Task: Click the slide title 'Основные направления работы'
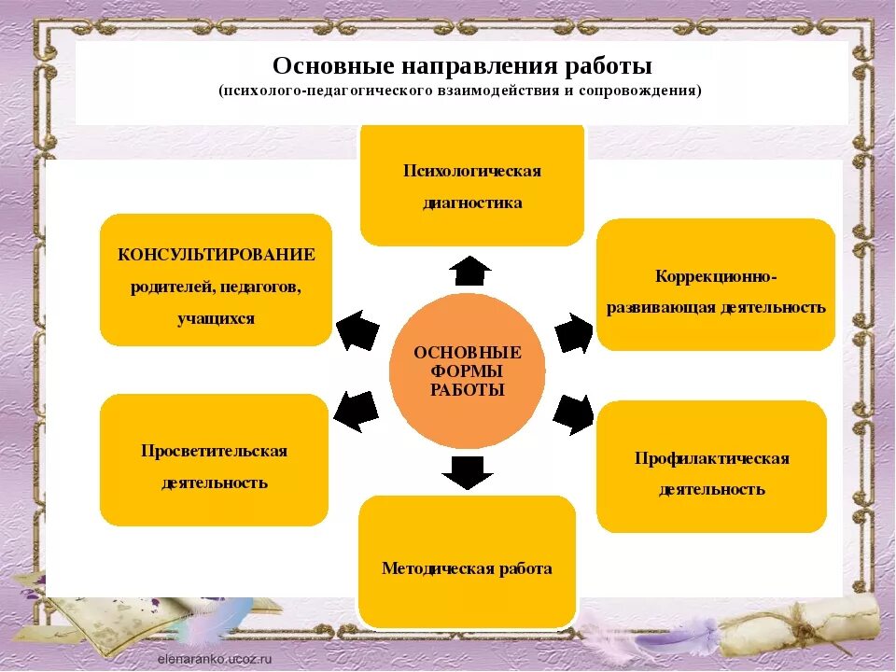pyautogui.click(x=462, y=67)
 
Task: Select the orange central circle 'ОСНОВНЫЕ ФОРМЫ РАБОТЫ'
pyautogui.click(x=467, y=371)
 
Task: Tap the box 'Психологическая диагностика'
pyautogui.click(x=472, y=187)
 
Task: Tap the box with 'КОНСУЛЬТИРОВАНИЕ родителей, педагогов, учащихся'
pyautogui.click(x=216, y=280)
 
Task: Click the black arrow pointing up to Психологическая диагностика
pyautogui.click(x=469, y=271)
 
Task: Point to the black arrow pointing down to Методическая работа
pyautogui.click(x=468, y=472)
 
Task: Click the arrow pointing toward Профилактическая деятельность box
pyautogui.click(x=573, y=413)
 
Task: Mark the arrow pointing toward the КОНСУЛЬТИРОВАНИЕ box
pyautogui.click(x=357, y=329)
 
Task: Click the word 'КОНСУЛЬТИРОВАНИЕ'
pyautogui.click(x=217, y=255)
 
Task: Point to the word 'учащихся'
pyautogui.click(x=216, y=318)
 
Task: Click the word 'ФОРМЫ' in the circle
pyautogui.click(x=467, y=371)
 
